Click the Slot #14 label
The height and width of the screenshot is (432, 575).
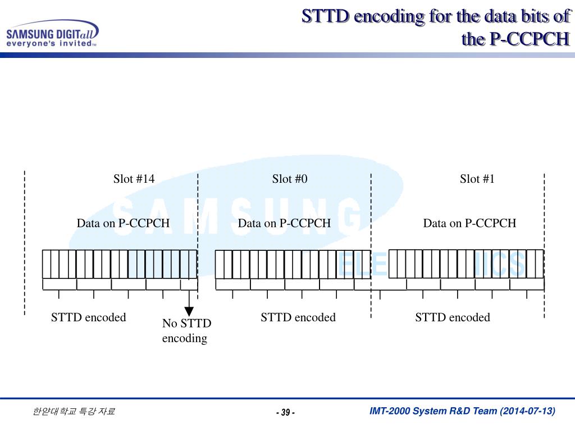134,179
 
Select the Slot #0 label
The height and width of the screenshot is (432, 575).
290,179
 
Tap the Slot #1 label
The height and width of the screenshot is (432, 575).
477,179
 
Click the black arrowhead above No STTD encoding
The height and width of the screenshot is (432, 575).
189,311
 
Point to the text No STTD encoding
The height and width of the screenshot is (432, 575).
186,331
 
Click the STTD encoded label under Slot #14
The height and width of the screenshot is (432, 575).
89,317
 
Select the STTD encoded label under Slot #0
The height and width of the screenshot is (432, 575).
298,317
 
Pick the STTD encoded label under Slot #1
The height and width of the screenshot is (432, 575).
453,317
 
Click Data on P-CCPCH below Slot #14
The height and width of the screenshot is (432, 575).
123,223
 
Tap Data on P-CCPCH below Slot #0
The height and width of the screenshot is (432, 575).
284,223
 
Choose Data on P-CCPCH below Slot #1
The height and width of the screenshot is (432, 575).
469,223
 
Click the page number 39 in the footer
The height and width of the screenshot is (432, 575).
285,413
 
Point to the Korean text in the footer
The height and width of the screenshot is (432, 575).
74,412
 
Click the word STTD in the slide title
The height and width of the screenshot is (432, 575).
325,16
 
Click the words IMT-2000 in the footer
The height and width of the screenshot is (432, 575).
389,411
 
